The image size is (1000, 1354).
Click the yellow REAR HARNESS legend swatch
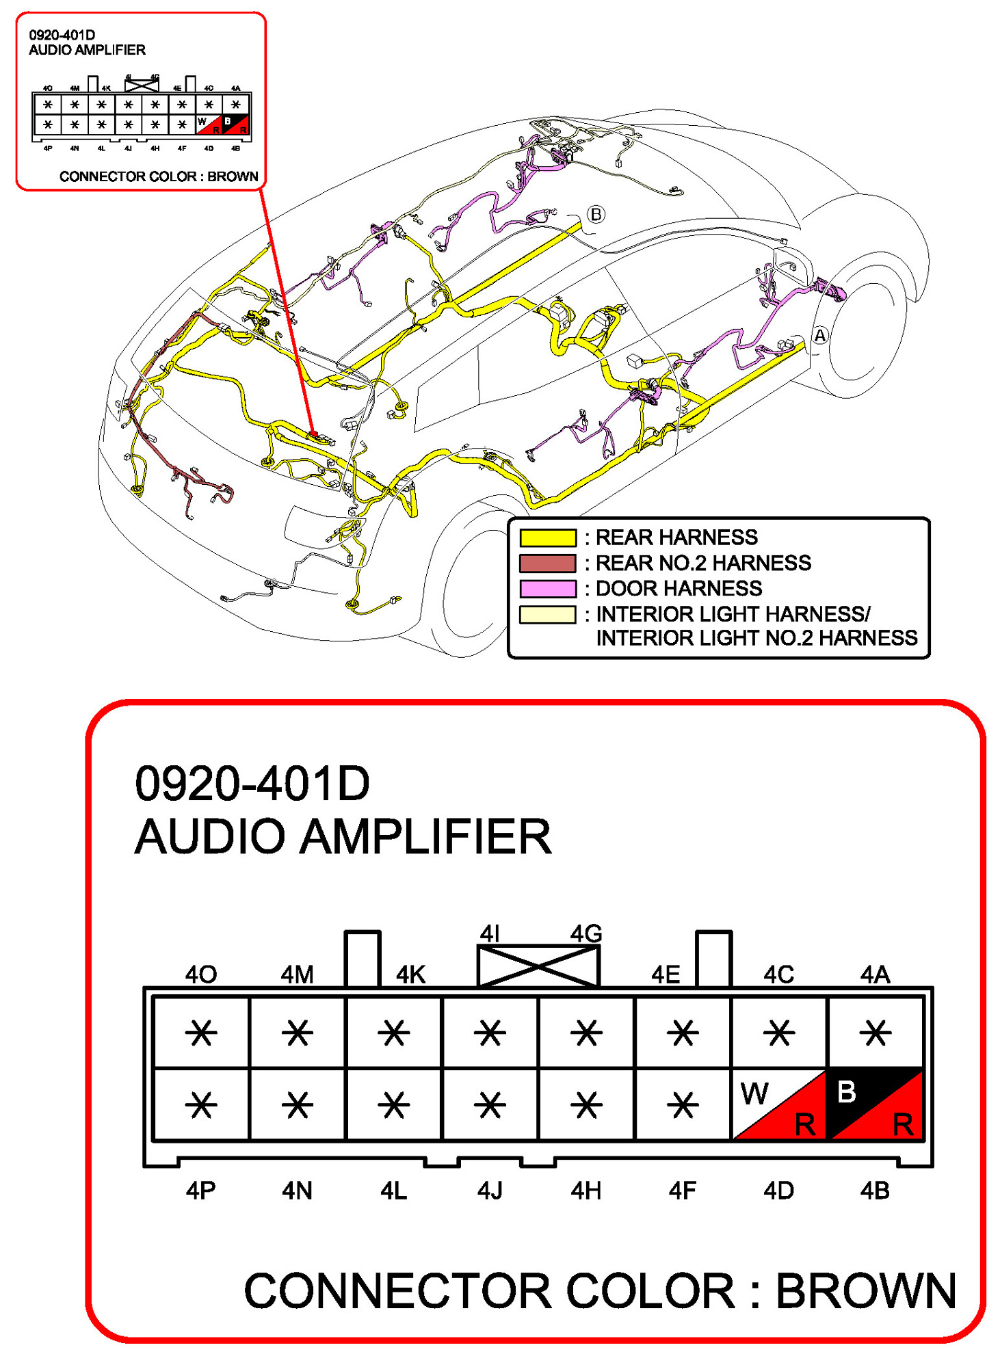coord(547,537)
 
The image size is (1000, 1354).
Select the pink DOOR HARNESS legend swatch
coord(547,589)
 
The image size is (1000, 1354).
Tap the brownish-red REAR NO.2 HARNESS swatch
coord(547,563)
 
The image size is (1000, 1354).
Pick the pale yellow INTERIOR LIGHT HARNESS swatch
coord(547,614)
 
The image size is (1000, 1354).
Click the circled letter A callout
coord(820,336)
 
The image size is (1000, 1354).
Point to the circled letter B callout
coord(596,214)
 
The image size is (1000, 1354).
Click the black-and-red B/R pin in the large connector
coord(875,1104)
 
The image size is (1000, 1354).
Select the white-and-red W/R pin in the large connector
coord(779,1104)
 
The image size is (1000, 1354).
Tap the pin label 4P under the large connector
coord(200,1191)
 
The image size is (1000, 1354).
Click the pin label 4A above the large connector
coord(875,974)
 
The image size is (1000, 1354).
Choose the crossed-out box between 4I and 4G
coord(538,966)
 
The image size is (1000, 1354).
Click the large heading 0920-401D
coord(252,784)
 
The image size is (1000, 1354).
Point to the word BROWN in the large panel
coord(866,1291)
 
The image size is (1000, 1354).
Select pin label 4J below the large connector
coord(490,1191)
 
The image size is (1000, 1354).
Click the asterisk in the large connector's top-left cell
coord(201,1033)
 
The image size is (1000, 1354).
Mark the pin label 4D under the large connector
coord(779,1191)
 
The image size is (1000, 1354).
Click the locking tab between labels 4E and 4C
coord(713,959)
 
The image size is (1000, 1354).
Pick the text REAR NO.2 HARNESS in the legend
coord(703,563)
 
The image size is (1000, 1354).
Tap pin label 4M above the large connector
coord(297,974)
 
